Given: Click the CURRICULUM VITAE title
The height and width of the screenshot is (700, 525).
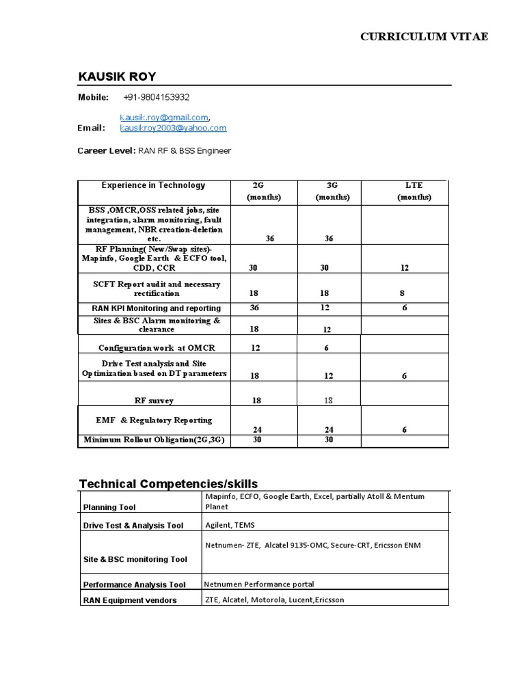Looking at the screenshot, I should pos(424,37).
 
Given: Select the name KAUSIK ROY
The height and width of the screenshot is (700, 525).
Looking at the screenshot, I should pos(118,76).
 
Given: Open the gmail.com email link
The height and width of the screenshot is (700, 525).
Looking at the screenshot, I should pos(164,117).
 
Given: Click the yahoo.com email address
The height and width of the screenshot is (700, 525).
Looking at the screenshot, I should pos(173,128).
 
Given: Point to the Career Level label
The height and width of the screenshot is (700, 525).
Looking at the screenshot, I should pos(106,150).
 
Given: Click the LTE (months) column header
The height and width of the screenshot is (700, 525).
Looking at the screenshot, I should pos(414,191).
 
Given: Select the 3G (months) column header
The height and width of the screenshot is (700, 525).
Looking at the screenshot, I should pos(332,191).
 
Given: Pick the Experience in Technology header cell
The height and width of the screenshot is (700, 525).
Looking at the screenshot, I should pos(153,185).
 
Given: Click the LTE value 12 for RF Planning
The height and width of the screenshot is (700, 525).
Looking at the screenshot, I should pos(405,268).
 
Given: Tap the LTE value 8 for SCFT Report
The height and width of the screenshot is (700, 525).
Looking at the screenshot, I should pos(402,293).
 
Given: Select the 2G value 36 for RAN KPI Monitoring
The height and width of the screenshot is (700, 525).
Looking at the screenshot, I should pos(254,308).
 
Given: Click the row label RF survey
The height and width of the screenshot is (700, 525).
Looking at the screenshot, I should pos(154,401).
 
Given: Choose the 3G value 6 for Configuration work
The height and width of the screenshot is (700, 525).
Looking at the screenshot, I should pos(327,348).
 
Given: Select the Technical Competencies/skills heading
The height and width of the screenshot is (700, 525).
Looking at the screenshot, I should pos(169,484).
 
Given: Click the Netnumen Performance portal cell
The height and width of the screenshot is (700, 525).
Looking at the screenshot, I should pos(259,584).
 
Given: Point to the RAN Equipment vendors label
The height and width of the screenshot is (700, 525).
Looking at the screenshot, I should pos(130,600).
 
